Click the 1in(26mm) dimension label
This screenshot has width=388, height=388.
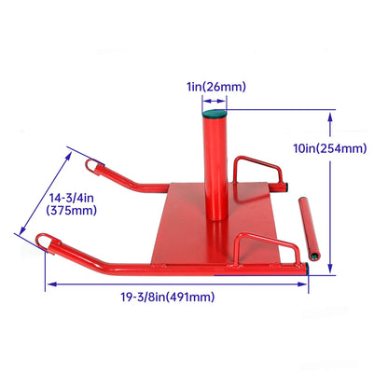[x=216, y=87]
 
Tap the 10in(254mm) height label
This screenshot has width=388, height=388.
[x=330, y=148]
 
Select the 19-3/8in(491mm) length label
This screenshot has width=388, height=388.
[x=168, y=297]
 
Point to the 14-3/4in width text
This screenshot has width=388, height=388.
[x=72, y=198]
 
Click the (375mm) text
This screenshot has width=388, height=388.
[x=72, y=211]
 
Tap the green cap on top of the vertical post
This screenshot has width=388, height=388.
[x=215, y=113]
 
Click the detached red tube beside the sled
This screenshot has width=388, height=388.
[x=309, y=228]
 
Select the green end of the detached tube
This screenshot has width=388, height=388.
[x=314, y=256]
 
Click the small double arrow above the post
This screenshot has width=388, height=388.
[x=215, y=101]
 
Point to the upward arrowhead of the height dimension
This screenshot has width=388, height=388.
[x=330, y=118]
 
